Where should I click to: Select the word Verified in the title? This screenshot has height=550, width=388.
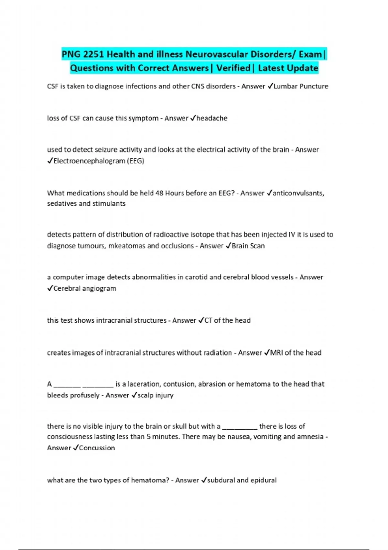pos(233,68)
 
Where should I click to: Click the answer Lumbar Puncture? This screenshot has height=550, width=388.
pos(301,86)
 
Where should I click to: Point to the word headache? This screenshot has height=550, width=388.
pos(212,118)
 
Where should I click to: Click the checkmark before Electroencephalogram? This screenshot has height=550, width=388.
pos(50,161)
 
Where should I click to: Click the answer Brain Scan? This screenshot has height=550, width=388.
pos(248,246)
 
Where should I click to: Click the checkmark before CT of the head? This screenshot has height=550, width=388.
pos(201,320)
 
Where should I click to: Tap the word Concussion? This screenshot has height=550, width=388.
pos(97,448)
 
